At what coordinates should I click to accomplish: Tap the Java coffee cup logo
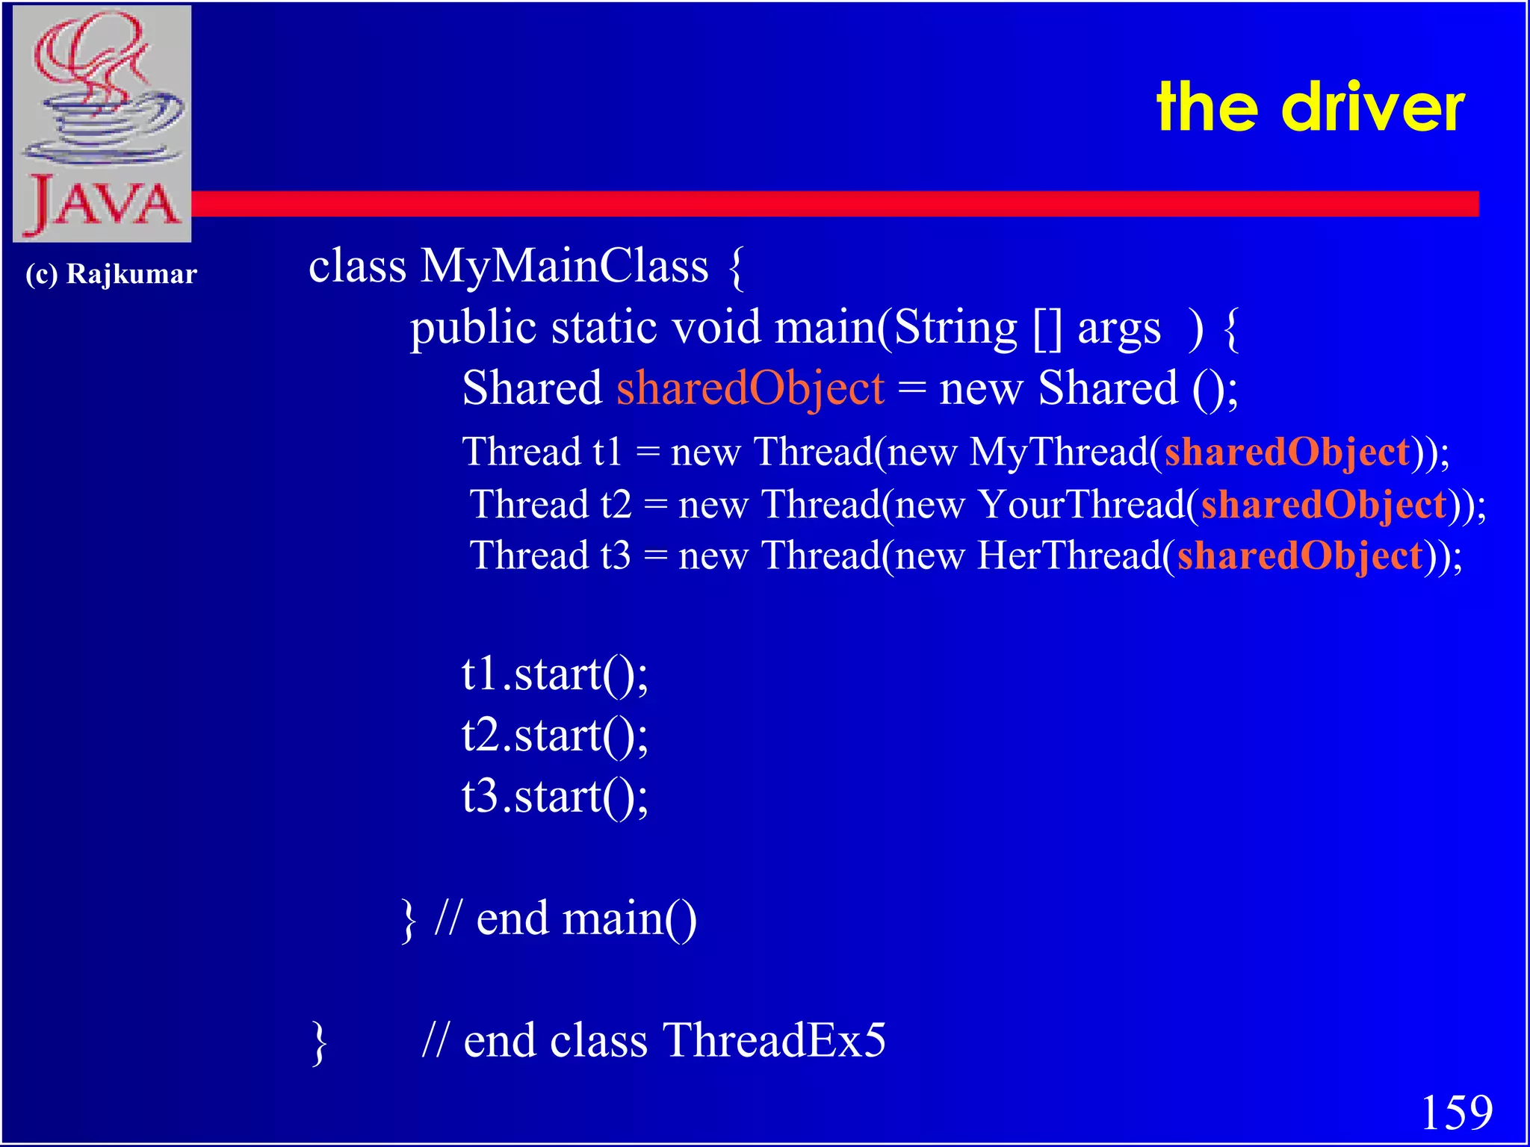[x=102, y=123]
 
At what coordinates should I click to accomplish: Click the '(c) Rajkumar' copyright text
[x=111, y=274]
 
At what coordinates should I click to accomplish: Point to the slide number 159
[x=1456, y=1113]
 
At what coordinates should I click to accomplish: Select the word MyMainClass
[x=564, y=266]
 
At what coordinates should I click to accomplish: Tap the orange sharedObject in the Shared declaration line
[x=750, y=388]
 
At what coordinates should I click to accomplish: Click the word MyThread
[x=1059, y=453]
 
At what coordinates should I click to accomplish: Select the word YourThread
[x=1082, y=505]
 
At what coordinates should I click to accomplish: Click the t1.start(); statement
[x=554, y=674]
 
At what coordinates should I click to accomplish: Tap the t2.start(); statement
[x=554, y=736]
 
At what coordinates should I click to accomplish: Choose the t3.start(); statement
[x=554, y=797]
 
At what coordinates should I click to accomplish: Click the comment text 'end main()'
[x=586, y=918]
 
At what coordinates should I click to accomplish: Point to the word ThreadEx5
[x=774, y=1040]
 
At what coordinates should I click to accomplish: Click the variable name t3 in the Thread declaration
[x=616, y=556]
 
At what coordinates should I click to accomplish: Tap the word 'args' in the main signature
[x=1118, y=329]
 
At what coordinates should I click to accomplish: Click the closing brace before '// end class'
[x=319, y=1042]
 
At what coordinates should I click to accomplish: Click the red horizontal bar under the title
[x=822, y=204]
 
